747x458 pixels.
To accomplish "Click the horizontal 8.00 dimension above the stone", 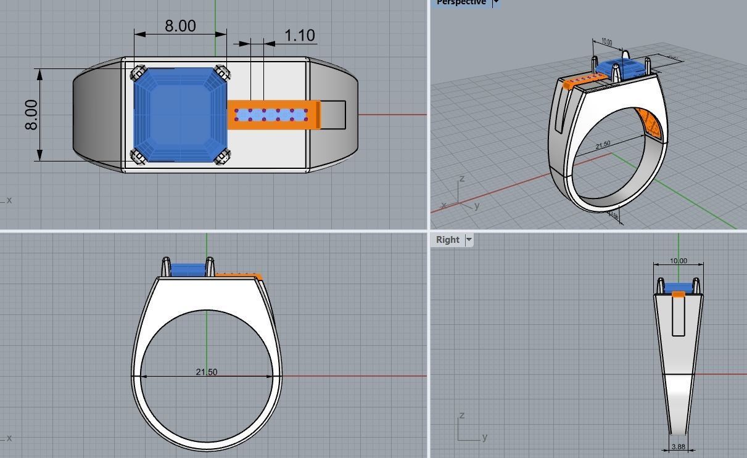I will coord(180,26).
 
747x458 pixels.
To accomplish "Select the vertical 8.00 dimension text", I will coord(31,115).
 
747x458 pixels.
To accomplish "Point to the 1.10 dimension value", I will coord(300,36).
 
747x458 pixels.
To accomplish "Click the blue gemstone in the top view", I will coord(181,115).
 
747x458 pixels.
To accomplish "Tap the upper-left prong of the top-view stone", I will coord(139,73).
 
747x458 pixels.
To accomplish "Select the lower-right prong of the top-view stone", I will coord(222,157).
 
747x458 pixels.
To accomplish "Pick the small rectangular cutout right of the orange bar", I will coord(333,115).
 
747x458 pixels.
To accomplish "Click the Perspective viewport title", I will coord(461,2).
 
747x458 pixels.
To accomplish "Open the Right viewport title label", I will coord(447,240).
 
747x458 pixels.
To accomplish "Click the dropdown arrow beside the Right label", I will coord(469,240).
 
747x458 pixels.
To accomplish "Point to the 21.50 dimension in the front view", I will coord(206,372).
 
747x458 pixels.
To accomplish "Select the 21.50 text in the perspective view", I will coord(603,145).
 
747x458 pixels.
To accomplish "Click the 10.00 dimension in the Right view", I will coord(678,261).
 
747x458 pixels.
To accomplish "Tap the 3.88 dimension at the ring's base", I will coord(678,447).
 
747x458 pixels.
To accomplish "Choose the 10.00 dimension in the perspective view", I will coord(606,42).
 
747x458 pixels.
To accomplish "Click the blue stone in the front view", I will coord(188,269).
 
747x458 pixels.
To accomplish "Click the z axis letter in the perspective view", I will coord(461,179).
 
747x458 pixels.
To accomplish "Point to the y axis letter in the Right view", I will coord(485,436).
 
